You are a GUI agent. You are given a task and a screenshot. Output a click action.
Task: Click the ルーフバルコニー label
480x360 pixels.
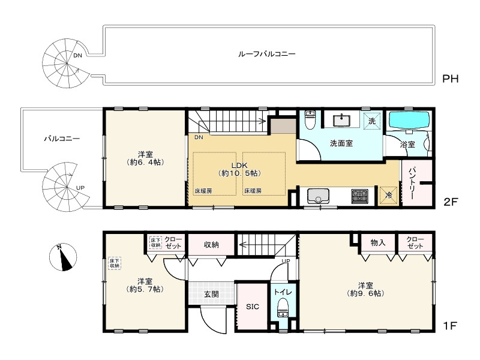coord(266,54)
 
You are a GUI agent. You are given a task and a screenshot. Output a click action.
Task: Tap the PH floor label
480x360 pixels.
coord(451,79)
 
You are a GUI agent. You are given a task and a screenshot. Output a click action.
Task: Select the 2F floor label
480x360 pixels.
coord(451,202)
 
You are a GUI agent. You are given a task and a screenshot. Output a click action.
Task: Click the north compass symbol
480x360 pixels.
coord(63,257)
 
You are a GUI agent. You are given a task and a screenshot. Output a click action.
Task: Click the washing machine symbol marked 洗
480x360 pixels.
coord(372,121)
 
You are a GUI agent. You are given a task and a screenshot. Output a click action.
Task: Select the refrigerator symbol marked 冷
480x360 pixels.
coord(388,196)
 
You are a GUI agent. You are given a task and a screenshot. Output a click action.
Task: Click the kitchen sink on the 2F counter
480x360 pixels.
coord(319,196)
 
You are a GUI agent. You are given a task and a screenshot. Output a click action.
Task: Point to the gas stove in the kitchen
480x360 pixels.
coord(359,196)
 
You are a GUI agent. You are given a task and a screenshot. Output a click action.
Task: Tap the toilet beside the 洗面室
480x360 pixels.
coord(310,119)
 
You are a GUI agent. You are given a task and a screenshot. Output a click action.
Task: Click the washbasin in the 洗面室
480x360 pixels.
coord(341,120)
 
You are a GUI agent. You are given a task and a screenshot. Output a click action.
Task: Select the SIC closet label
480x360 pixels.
coord(253,307)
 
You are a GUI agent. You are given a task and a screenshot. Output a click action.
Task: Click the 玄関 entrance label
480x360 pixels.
coord(211,295)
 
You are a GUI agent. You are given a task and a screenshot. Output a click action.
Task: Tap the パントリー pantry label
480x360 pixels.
coord(412,183)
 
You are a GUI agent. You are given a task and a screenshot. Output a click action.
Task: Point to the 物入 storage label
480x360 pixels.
coord(378,243)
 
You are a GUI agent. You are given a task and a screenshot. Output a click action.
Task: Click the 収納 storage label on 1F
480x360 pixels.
coord(211,245)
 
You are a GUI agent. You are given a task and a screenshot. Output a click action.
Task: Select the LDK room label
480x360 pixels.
coord(239,166)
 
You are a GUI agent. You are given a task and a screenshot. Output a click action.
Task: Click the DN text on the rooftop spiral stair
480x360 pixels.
coord(78,56)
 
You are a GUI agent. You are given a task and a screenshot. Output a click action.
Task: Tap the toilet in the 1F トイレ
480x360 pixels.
coord(283,308)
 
